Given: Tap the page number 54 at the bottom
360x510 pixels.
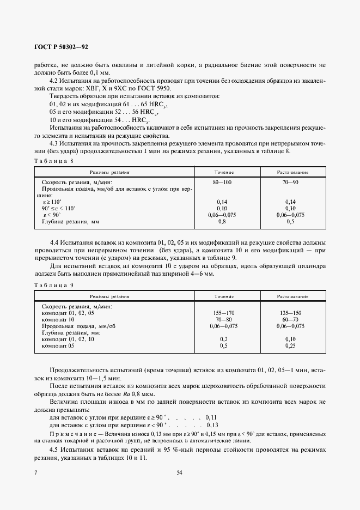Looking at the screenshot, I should (x=179, y=472).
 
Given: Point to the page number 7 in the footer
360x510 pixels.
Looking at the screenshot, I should (x=36, y=472).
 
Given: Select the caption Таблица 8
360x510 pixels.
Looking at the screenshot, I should (x=53, y=161).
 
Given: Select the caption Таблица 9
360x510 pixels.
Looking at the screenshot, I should (x=53, y=285).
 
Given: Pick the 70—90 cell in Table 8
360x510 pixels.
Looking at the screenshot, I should (x=290, y=182).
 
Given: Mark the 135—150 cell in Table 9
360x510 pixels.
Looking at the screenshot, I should (x=290, y=313).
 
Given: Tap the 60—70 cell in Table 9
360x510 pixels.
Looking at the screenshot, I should (x=290, y=319).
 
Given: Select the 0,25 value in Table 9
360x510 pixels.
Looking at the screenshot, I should (x=290, y=345).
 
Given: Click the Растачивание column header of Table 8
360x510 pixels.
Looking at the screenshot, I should (x=290, y=172).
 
